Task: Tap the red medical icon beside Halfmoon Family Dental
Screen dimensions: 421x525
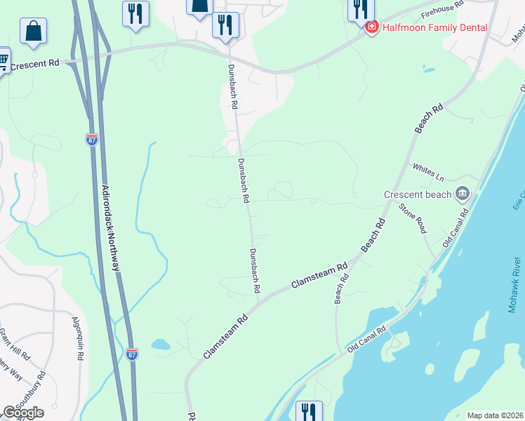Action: coord(371,27)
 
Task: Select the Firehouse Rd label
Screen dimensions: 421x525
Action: coord(444,8)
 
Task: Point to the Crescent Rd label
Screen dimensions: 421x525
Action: coord(36,64)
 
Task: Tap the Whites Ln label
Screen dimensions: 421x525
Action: coord(429,171)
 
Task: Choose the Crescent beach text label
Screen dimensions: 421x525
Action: coord(417,194)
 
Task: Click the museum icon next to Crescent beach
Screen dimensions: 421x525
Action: coord(462,193)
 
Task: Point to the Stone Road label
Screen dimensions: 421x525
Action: coord(412,218)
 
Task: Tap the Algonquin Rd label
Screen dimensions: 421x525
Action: coord(78,338)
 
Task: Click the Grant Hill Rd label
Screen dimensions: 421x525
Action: coord(14,343)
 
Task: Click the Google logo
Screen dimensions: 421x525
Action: coord(23,413)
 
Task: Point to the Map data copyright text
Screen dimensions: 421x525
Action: coord(496,415)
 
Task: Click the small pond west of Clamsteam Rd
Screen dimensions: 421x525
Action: coord(160,345)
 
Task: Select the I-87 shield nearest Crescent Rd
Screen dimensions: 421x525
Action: coord(92,139)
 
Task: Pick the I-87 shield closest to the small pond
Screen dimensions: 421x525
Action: coord(133,354)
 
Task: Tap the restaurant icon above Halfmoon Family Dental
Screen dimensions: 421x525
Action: coord(360,8)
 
